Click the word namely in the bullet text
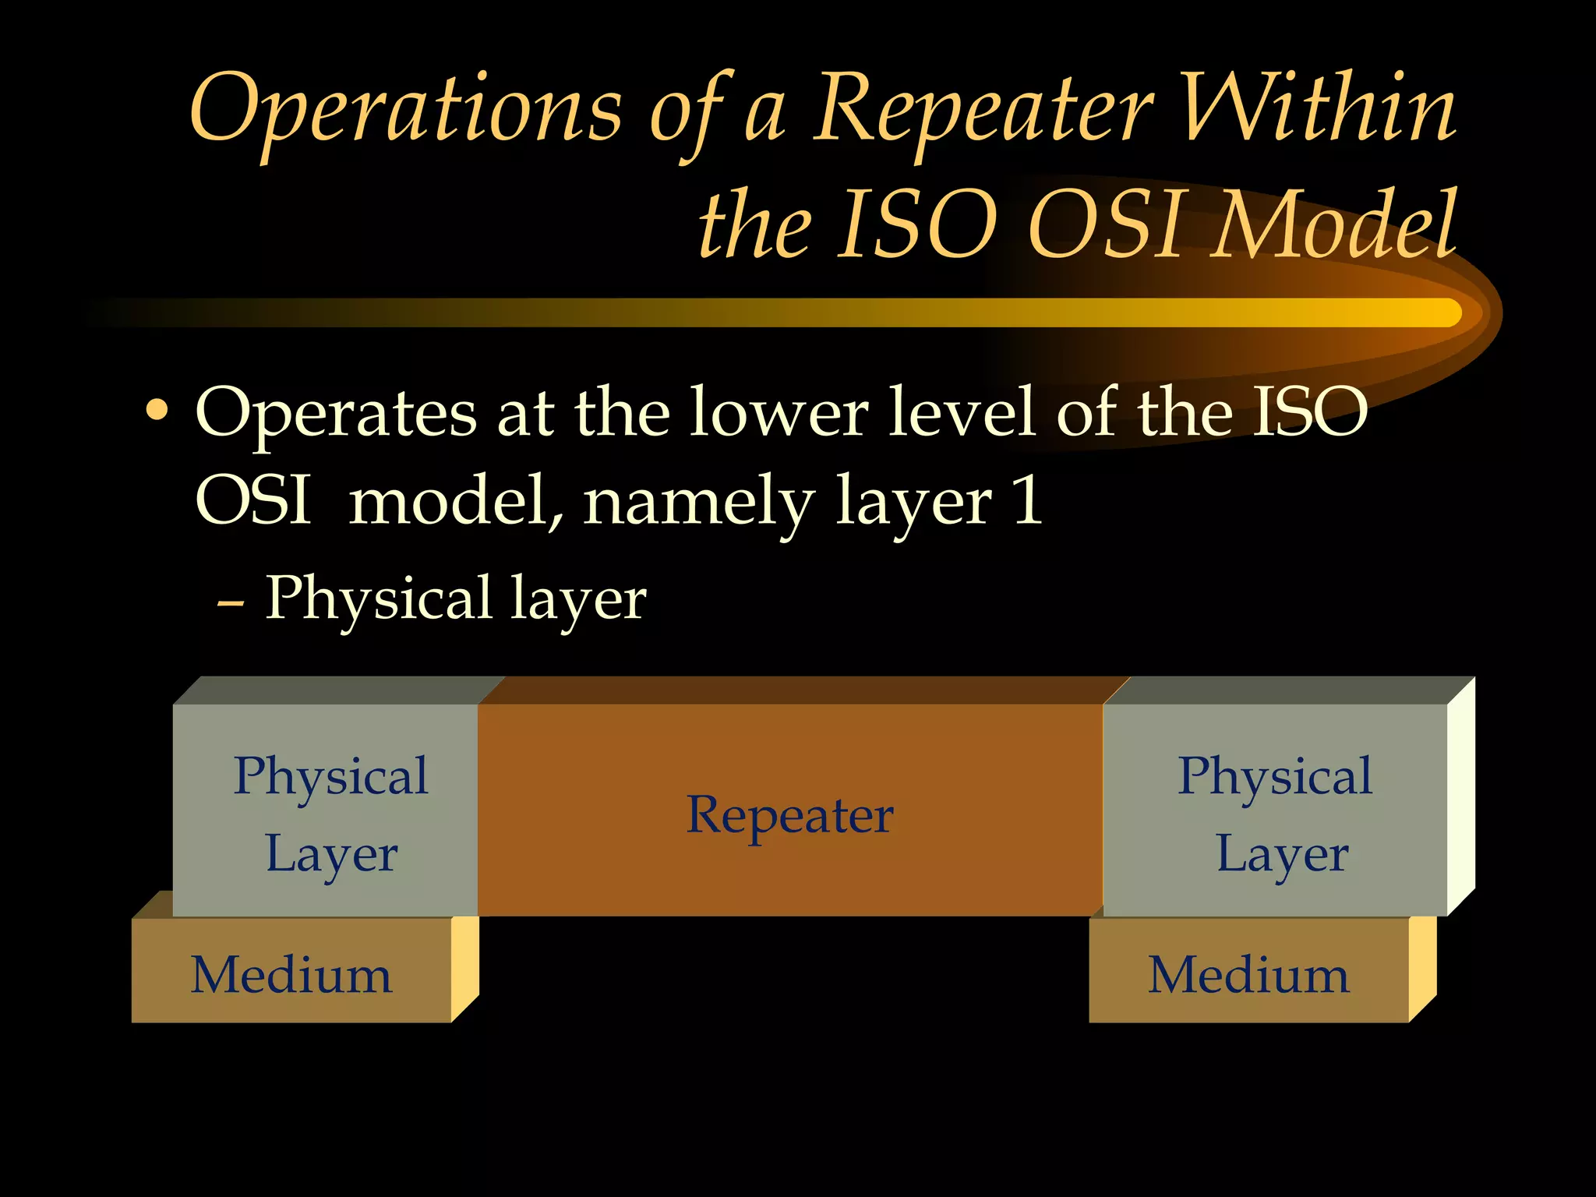[x=698, y=503]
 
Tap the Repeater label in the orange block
[x=789, y=815]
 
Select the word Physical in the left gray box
[x=330, y=777]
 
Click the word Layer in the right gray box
[x=1282, y=855]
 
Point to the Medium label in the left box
[x=291, y=975]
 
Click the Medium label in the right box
[x=1248, y=975]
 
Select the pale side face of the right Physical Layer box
[x=1460, y=795]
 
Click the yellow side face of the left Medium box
[x=464, y=966]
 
